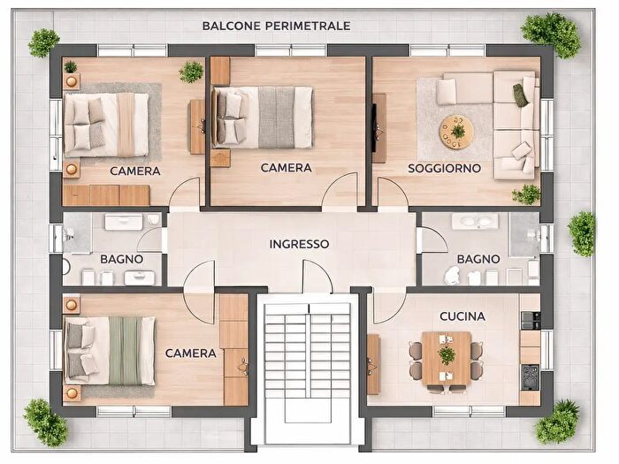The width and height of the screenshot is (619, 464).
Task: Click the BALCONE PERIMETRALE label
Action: tap(276, 26)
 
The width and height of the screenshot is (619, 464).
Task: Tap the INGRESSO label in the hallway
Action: tap(299, 244)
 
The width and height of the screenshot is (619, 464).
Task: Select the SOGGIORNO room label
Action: tap(444, 169)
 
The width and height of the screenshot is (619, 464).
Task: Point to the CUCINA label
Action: tap(462, 316)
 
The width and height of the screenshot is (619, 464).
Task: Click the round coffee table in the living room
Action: tap(457, 132)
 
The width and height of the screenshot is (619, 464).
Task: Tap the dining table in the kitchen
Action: tap(447, 358)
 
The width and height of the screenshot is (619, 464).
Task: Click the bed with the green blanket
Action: tap(110, 350)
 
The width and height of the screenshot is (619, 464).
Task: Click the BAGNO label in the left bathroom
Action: tap(122, 259)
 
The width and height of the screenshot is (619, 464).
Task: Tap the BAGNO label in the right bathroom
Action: tap(478, 259)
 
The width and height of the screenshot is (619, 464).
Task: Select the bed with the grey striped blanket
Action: tap(264, 118)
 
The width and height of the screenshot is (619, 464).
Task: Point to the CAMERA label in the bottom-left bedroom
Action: tap(191, 354)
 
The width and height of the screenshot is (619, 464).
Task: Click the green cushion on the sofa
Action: tap(520, 95)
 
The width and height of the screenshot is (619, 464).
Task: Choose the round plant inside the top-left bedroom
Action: tap(192, 72)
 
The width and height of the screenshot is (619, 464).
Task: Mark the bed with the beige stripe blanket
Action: tap(107, 125)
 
